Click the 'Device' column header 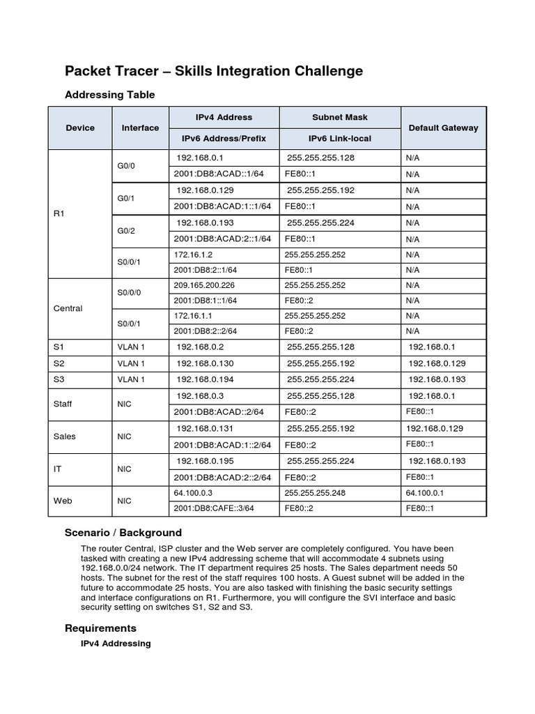(x=80, y=128)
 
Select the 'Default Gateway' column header (x=443, y=128)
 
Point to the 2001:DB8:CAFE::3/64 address (x=213, y=508)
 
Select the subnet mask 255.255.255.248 (x=314, y=493)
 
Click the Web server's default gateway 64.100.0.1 (x=425, y=493)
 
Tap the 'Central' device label (x=68, y=308)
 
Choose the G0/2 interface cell (x=126, y=230)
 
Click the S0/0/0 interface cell (x=129, y=293)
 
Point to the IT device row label (x=59, y=469)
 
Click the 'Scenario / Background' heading (x=123, y=532)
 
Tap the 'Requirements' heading (x=100, y=628)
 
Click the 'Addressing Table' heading (x=109, y=94)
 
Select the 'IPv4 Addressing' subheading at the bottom (x=116, y=644)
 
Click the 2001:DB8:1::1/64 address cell (x=206, y=301)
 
